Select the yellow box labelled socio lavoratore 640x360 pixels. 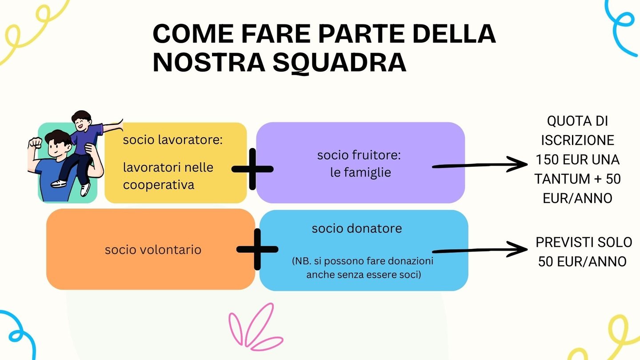coord(176,163)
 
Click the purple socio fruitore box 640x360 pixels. coord(360,163)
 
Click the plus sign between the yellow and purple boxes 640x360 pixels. coord(252,169)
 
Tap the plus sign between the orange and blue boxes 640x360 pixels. coord(257,249)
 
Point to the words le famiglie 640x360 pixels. coord(360,172)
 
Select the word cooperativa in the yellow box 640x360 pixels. coord(159,184)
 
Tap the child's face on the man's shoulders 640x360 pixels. coord(82,123)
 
